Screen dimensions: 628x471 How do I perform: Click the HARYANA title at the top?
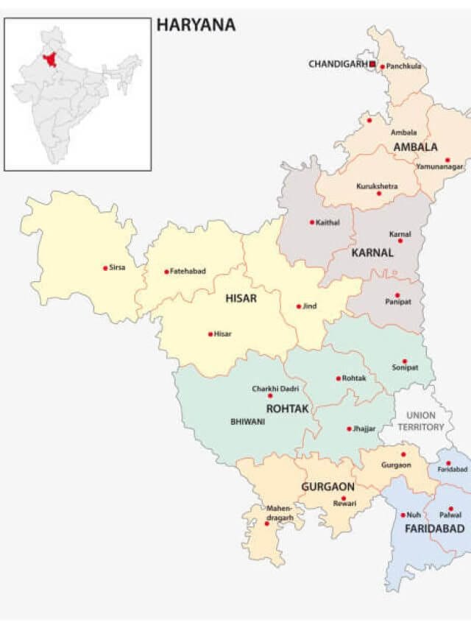[196, 25]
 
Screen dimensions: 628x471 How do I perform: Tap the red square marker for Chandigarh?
[372, 65]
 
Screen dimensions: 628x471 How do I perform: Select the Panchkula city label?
[404, 66]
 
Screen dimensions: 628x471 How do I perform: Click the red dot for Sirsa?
[105, 268]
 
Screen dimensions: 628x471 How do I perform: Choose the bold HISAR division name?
[241, 298]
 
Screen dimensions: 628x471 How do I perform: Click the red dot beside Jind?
[299, 306]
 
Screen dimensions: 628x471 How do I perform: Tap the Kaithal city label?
[327, 222]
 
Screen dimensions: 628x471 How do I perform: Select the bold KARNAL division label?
[372, 253]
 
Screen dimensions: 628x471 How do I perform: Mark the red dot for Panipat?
[397, 295]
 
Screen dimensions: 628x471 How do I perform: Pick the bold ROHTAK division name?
[288, 408]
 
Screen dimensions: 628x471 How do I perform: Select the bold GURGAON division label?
[327, 487]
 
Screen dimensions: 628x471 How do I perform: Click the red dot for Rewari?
[343, 498]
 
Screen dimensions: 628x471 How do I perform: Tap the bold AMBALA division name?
[415, 147]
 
